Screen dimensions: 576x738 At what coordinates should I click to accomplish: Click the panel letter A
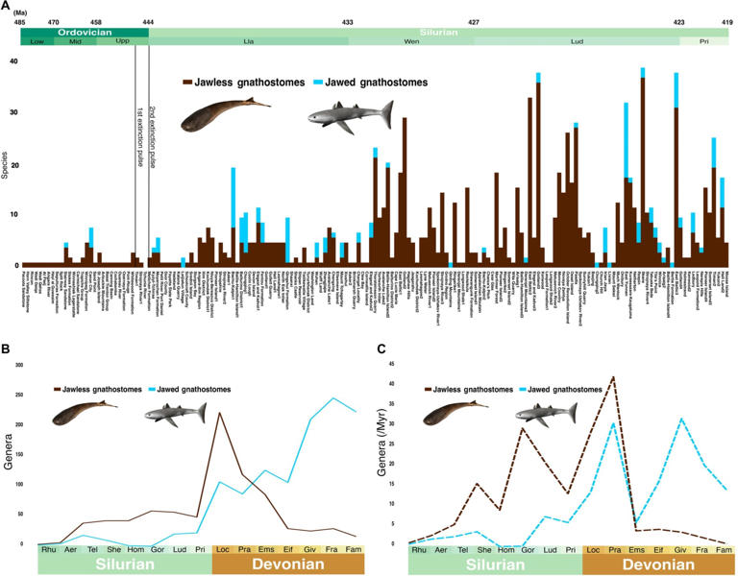tap(6, 7)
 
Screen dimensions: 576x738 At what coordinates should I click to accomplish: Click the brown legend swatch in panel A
tap(187, 84)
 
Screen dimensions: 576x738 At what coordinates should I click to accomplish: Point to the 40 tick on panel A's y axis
tap(13, 61)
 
